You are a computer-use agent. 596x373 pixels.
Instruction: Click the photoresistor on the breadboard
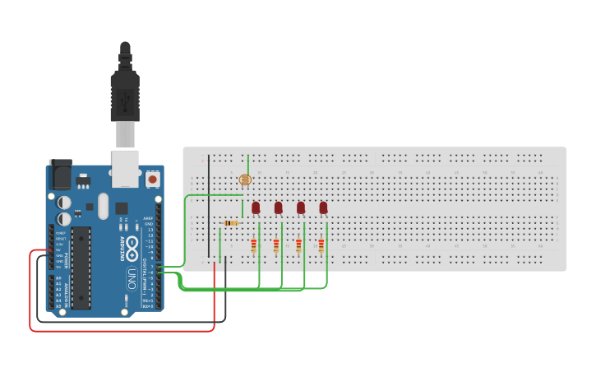pyautogui.click(x=243, y=180)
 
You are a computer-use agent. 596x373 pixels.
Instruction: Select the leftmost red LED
pyautogui.click(x=256, y=207)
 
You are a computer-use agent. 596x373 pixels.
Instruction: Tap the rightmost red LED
pyautogui.click(x=323, y=207)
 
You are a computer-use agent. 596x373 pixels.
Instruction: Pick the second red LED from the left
pyautogui.click(x=279, y=207)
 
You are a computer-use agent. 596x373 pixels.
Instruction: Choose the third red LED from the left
pyautogui.click(x=301, y=207)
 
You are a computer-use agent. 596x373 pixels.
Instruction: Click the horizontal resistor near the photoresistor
pyautogui.click(x=232, y=222)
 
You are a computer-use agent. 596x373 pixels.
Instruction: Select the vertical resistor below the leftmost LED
pyautogui.click(x=254, y=245)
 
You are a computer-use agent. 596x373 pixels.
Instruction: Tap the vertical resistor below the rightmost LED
pyautogui.click(x=321, y=245)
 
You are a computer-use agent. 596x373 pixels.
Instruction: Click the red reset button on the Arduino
pyautogui.click(x=152, y=178)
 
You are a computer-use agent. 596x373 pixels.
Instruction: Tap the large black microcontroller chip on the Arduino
pyautogui.click(x=81, y=268)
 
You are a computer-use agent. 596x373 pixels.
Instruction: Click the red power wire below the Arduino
pyautogui.click(x=123, y=331)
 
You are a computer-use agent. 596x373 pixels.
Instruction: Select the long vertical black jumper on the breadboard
pyautogui.click(x=209, y=206)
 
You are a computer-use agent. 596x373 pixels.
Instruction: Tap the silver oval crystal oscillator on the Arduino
pyautogui.click(x=103, y=206)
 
